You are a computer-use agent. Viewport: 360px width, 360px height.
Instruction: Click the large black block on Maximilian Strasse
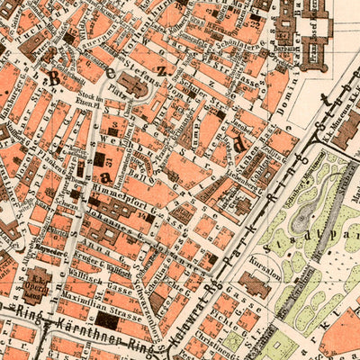point(107,319)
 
